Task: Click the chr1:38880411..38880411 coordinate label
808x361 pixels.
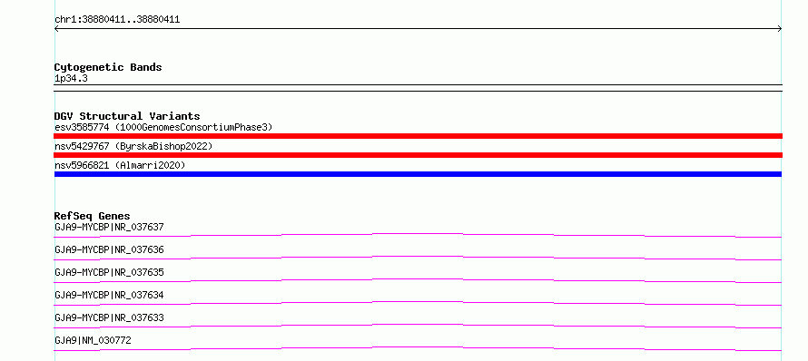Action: click(117, 20)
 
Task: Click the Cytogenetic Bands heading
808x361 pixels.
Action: click(108, 67)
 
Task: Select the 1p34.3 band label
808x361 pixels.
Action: click(71, 78)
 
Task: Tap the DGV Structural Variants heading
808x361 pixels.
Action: click(127, 116)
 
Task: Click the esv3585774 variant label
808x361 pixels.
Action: click(82, 127)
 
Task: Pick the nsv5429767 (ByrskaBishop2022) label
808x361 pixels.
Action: click(133, 146)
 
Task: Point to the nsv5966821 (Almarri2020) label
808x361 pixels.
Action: click(120, 165)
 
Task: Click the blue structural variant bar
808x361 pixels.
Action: click(418, 174)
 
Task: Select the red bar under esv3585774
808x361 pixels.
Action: click(418, 136)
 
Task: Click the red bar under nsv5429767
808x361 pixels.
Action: click(418, 155)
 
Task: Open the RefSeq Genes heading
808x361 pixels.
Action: click(92, 216)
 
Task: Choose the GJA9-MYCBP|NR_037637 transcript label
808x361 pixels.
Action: click(109, 227)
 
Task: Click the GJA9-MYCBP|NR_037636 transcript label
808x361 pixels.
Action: click(109, 249)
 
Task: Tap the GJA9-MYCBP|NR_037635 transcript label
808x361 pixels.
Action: click(109, 272)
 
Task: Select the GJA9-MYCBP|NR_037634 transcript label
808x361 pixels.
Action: click(109, 295)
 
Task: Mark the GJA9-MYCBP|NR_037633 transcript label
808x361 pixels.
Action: click(109, 317)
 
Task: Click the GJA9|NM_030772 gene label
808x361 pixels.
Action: click(93, 340)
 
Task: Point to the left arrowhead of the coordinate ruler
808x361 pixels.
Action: click(55, 29)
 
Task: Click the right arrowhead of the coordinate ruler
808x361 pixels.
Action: click(781, 29)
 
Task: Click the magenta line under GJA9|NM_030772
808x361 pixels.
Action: click(418, 348)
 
